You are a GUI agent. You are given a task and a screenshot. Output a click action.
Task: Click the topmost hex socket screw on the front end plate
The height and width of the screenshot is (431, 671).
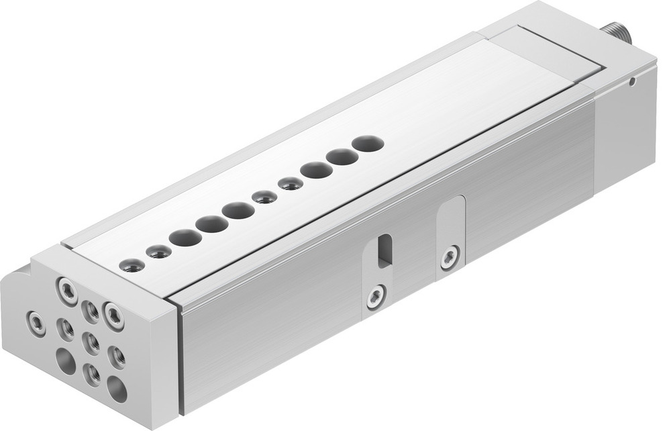pyautogui.click(x=67, y=291)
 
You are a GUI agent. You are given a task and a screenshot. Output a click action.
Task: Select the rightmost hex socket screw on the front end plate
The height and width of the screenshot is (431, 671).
pyautogui.click(x=113, y=316)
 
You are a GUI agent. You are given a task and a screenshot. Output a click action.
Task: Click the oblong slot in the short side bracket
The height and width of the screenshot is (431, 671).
pyautogui.click(x=384, y=250)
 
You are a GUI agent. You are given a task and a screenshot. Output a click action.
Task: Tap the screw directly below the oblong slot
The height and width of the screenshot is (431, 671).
pyautogui.click(x=376, y=295)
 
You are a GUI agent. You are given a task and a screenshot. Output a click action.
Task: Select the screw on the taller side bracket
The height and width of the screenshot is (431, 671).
pyautogui.click(x=450, y=257)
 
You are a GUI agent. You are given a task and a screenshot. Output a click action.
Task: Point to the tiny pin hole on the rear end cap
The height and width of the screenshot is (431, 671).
pyautogui.click(x=632, y=82)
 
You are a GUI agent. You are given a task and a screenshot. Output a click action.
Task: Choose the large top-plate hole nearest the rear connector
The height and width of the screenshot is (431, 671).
pyautogui.click(x=368, y=143)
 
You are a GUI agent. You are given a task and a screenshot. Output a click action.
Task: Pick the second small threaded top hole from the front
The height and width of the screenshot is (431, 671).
pyautogui.click(x=158, y=252)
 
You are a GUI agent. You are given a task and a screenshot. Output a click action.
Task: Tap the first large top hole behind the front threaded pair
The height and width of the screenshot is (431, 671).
pyautogui.click(x=185, y=237)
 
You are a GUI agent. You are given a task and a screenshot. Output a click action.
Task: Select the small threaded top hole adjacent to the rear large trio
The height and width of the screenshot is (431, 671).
pyautogui.click(x=291, y=183)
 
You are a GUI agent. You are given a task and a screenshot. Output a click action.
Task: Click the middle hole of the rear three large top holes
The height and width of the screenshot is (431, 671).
pyautogui.click(x=342, y=156)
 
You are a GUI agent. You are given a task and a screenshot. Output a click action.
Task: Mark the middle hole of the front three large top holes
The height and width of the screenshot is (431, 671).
pyautogui.click(x=212, y=224)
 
